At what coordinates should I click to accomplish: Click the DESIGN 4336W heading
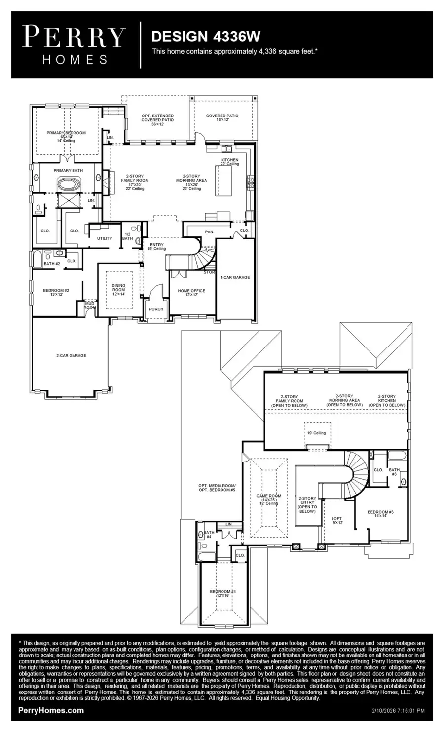click(206, 37)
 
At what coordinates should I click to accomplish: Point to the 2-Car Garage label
click(71, 355)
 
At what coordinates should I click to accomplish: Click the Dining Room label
click(118, 290)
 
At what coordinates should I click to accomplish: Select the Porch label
click(156, 309)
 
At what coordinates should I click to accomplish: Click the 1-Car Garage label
click(235, 277)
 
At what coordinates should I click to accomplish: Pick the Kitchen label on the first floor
click(229, 162)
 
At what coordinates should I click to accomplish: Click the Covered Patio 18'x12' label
click(222, 118)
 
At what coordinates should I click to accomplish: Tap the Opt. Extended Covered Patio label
click(157, 120)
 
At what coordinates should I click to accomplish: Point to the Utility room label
click(105, 238)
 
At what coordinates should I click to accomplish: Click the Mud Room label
click(90, 306)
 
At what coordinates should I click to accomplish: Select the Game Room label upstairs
click(269, 499)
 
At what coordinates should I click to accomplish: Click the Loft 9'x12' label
click(337, 521)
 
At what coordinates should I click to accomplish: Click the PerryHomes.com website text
click(51, 711)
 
